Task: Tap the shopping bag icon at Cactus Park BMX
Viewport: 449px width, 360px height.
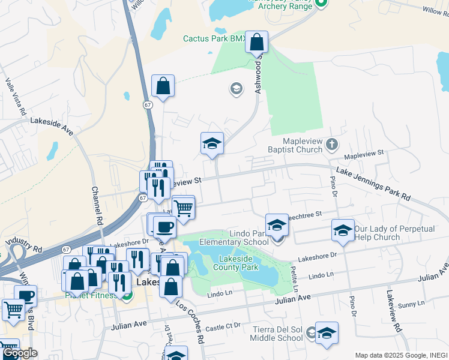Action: [x=256, y=43]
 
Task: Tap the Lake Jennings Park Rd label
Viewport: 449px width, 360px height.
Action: [x=373, y=183]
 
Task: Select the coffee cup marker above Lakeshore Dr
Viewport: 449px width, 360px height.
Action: [x=164, y=227]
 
